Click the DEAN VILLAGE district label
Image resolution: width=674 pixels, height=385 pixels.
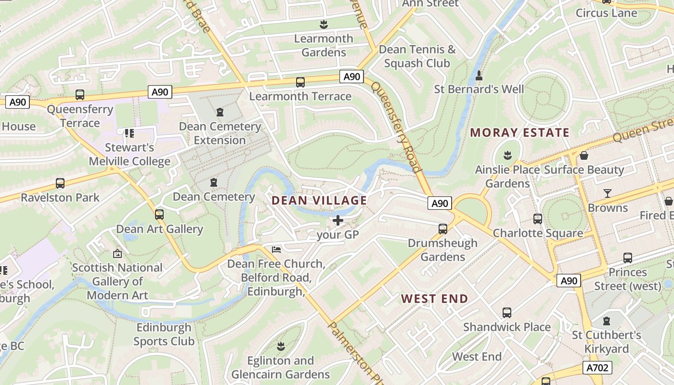pyautogui.click(x=320, y=201)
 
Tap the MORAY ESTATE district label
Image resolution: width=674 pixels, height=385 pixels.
pyautogui.click(x=519, y=133)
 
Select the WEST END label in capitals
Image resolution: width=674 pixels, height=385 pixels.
pyautogui.click(x=434, y=299)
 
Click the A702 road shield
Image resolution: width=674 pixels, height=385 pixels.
pyautogui.click(x=597, y=368)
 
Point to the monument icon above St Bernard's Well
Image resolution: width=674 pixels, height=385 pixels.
pyautogui.click(x=479, y=76)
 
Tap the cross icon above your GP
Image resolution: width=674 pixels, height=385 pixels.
pyautogui.click(x=338, y=220)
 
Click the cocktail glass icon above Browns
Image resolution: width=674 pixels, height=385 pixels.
pyautogui.click(x=608, y=193)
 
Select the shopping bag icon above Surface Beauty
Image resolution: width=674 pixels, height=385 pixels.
pyautogui.click(x=584, y=155)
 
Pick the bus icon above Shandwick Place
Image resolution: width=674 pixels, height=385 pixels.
pyautogui.click(x=507, y=313)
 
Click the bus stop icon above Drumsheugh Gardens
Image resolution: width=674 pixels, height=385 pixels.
pyautogui.click(x=443, y=229)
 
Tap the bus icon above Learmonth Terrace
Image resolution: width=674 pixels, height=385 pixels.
pyautogui.click(x=300, y=82)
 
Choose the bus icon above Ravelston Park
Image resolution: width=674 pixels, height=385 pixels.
pyautogui.click(x=60, y=183)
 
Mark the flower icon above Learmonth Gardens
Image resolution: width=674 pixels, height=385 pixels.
pyautogui.click(x=324, y=24)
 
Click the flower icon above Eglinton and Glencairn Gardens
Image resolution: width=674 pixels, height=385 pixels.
pyautogui.click(x=281, y=346)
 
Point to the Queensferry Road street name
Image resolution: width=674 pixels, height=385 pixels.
pyautogui.click(x=395, y=126)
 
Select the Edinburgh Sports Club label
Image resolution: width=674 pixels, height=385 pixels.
pyautogui.click(x=164, y=334)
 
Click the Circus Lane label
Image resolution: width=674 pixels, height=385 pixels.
pyautogui.click(x=606, y=13)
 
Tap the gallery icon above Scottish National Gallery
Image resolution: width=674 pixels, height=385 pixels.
pyautogui.click(x=117, y=253)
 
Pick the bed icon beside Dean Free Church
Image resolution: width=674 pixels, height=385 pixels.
pyautogui.click(x=276, y=249)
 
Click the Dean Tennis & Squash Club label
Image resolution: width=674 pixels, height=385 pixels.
pyautogui.click(x=417, y=56)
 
